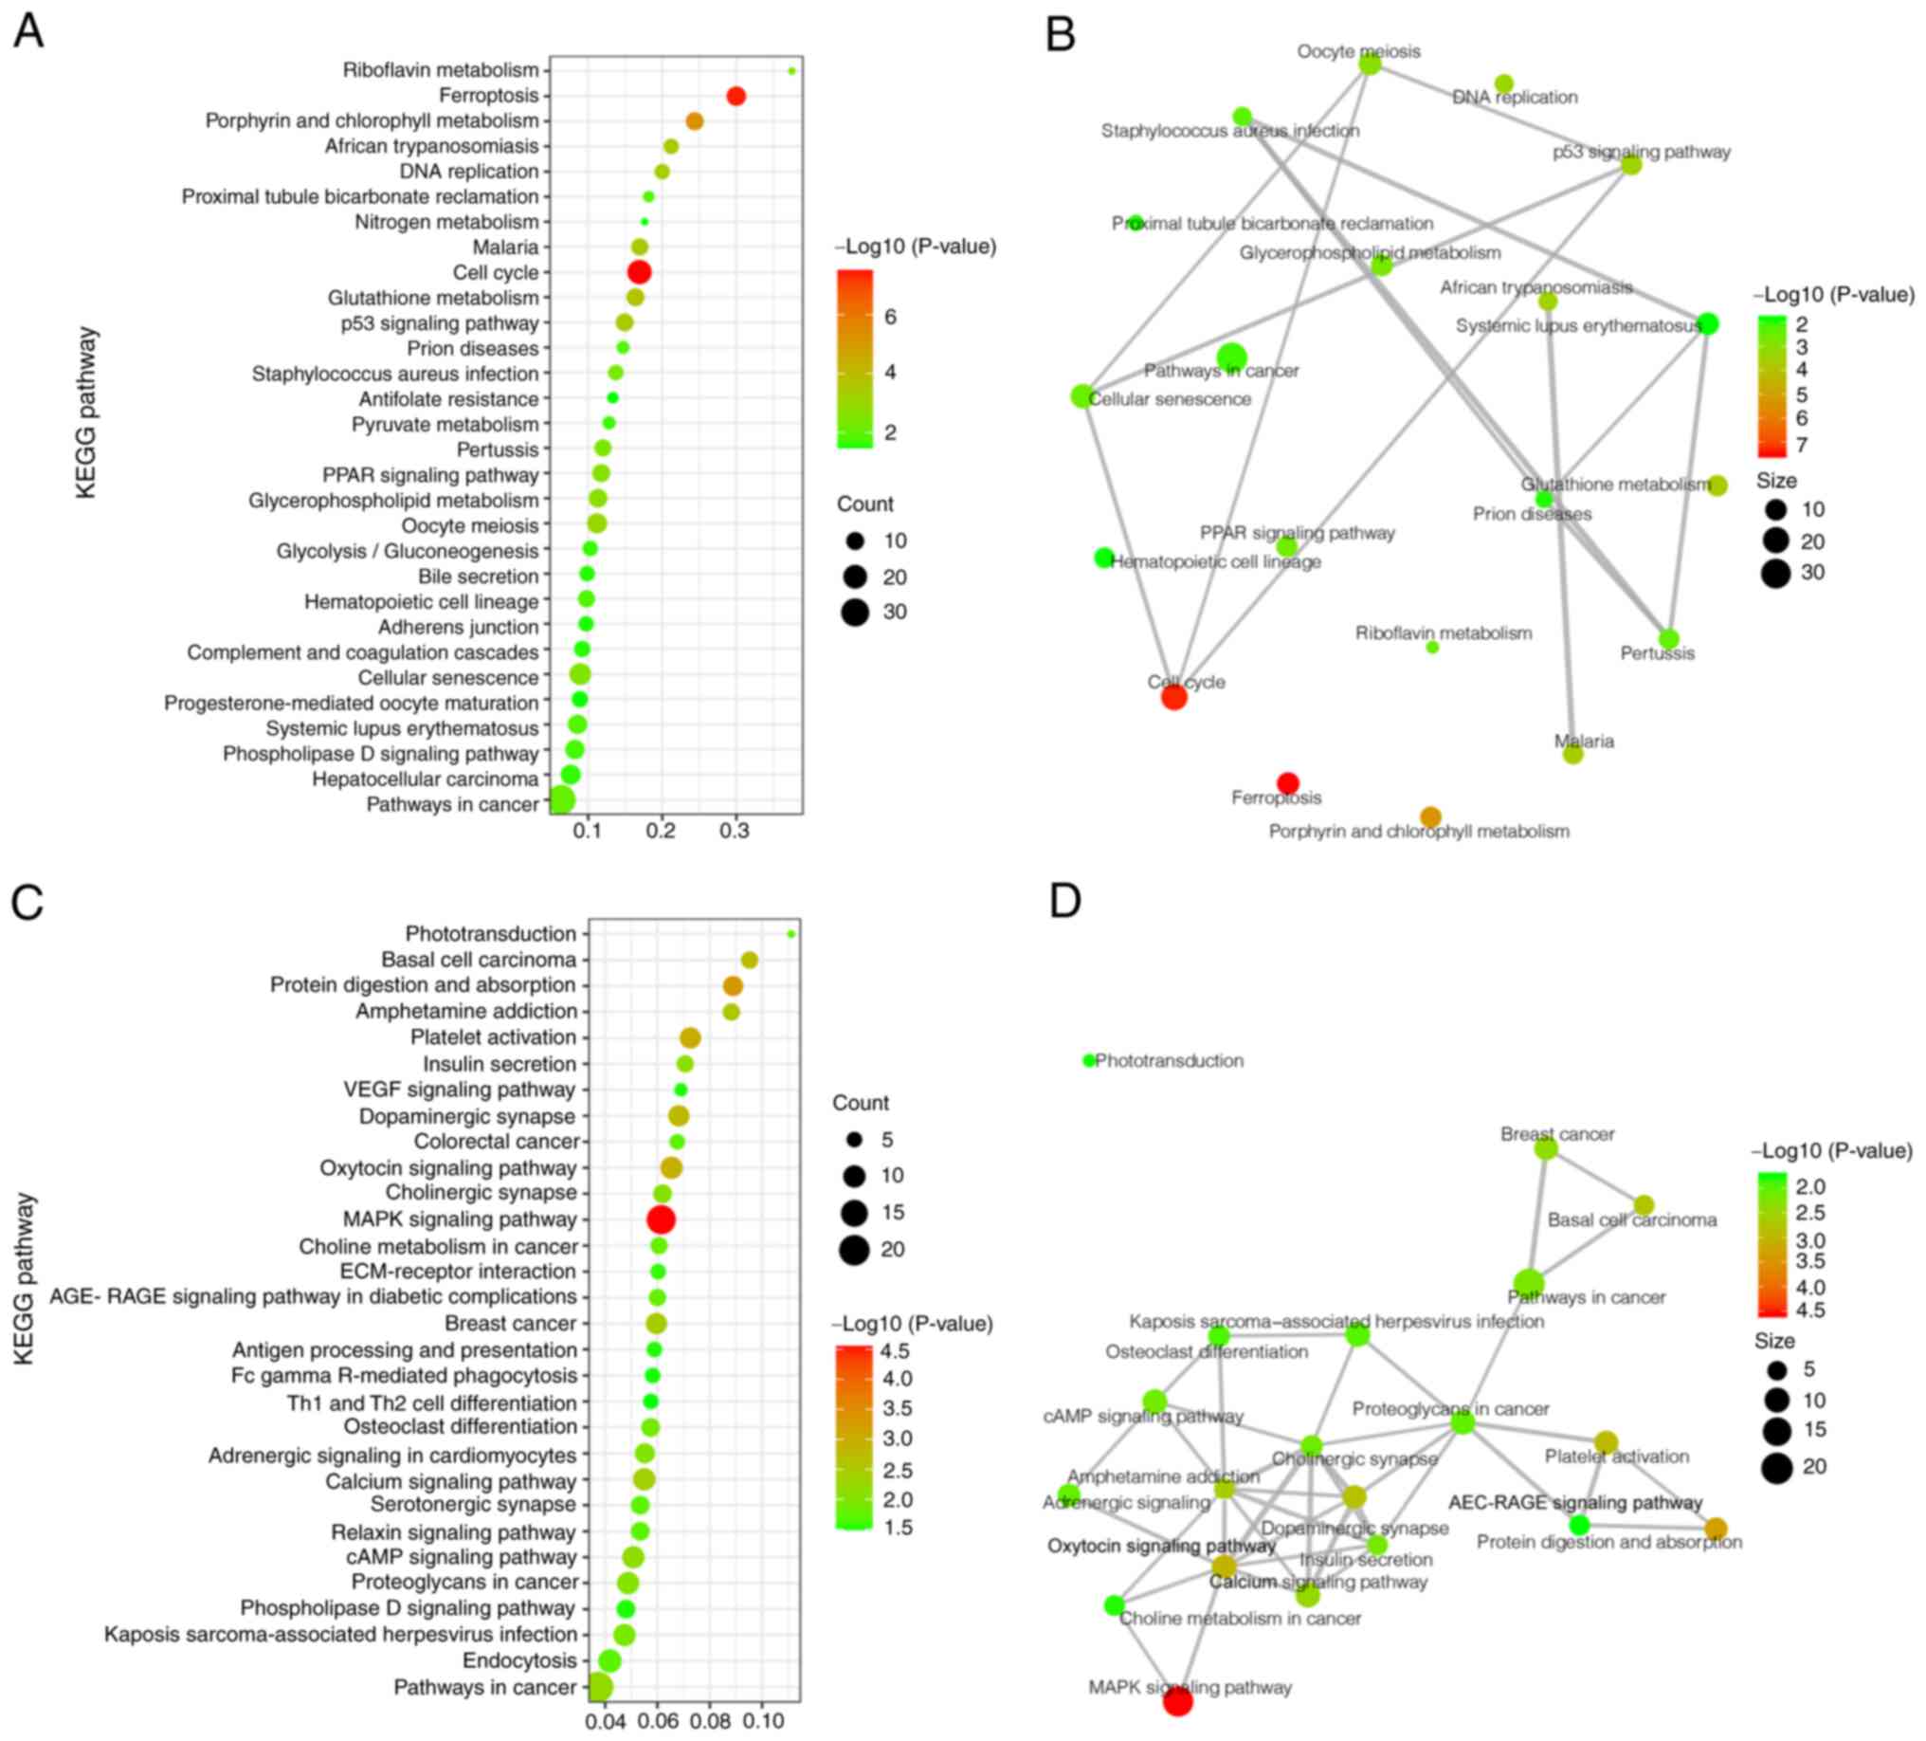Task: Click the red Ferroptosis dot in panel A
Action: coord(736,96)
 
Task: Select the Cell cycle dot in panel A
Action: coord(639,272)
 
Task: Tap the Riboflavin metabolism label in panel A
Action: coord(441,70)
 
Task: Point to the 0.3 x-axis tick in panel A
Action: coord(734,832)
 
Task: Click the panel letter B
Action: coord(1061,33)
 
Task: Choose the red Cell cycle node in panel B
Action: coord(1174,698)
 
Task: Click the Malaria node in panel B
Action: coord(1572,754)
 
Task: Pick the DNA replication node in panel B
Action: coord(1503,84)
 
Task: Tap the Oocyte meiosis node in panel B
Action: coord(1369,64)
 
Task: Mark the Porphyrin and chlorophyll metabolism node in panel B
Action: coord(1430,816)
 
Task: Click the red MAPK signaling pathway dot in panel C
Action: coord(660,1219)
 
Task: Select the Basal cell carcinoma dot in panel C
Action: coord(749,960)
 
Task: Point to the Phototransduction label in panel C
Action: coord(490,934)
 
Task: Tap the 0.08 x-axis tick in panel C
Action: coord(710,1721)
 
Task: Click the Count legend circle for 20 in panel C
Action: coord(854,1249)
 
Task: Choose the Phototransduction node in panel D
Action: coord(1089,1060)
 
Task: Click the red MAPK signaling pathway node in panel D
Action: coord(1178,1701)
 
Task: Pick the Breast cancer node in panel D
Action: coord(1546,1148)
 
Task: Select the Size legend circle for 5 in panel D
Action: coord(1776,1370)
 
